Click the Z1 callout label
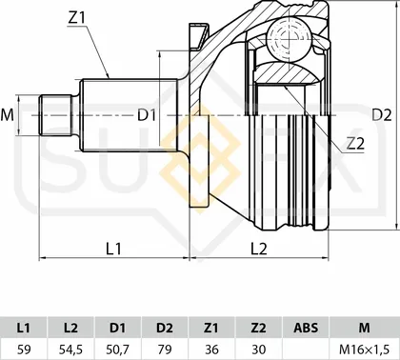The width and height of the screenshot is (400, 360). click(77, 19)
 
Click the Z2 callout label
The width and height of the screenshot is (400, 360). click(355, 144)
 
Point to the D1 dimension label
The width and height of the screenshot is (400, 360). click(147, 115)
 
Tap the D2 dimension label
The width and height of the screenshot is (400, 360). click(382, 115)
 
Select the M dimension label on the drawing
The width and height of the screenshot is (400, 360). click(7, 115)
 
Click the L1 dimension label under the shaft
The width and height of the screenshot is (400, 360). click(113, 249)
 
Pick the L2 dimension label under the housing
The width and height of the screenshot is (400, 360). click(259, 249)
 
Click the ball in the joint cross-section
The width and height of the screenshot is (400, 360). click(289, 39)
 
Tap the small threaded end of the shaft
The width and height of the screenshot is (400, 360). click(55, 115)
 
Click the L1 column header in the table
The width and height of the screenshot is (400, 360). click(24, 328)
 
